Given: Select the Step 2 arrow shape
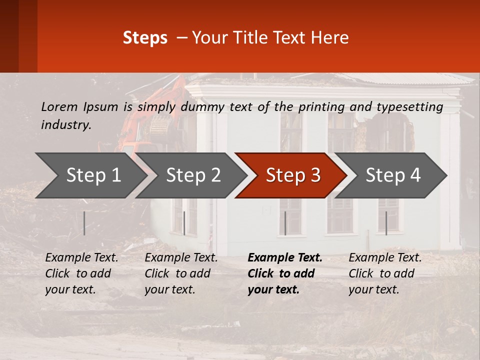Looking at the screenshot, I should tap(192, 175).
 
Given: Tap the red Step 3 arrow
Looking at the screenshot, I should tap(292, 175).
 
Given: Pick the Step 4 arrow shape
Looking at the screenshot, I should tap(392, 175).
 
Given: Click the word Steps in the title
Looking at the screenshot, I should tap(145, 38).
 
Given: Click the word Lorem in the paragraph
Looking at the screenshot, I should tap(59, 106).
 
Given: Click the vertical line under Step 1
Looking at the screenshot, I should tap(84, 223).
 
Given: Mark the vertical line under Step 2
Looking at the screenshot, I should tap(184, 223).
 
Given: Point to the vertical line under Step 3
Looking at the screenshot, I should tap(285, 223).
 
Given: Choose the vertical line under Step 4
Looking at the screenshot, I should tap(386, 223).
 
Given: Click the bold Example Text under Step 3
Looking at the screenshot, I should tap(285, 258).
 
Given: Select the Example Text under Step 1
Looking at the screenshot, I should tap(82, 258).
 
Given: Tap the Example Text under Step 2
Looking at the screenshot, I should tap(181, 258).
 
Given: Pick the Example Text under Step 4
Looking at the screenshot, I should tap(385, 258).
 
